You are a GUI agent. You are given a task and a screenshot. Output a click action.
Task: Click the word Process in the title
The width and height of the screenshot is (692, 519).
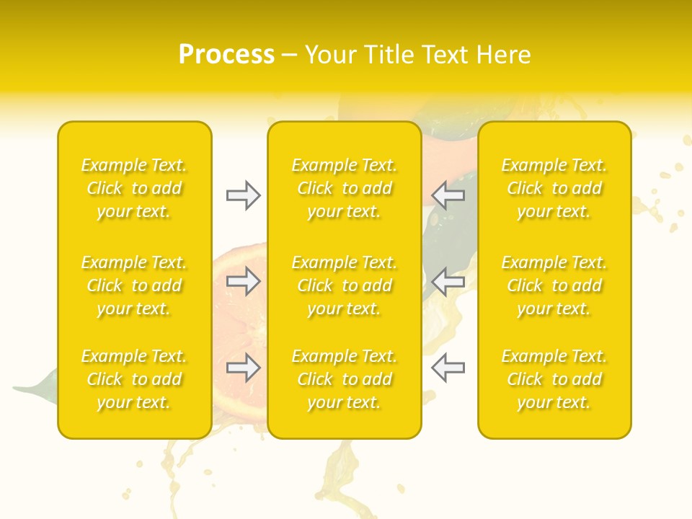click(x=226, y=55)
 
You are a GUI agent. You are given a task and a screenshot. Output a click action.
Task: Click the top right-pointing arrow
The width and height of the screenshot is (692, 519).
click(x=243, y=195)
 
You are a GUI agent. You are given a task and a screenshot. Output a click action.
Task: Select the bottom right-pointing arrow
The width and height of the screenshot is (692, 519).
click(x=243, y=368)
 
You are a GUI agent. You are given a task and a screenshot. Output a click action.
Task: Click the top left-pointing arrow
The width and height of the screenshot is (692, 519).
click(x=448, y=195)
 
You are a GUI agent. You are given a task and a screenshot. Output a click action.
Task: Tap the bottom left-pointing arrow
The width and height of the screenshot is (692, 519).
click(x=448, y=368)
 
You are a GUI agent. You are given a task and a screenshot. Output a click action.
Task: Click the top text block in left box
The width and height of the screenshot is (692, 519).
click(x=134, y=188)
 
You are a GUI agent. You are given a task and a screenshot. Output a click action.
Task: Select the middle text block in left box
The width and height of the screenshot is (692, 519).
click(x=134, y=285)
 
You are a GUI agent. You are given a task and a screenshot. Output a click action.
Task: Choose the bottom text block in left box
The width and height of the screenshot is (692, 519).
click(x=134, y=379)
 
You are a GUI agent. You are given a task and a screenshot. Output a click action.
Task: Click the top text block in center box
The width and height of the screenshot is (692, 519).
click(x=344, y=188)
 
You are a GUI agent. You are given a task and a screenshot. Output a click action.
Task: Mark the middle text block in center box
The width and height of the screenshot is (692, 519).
click(x=344, y=285)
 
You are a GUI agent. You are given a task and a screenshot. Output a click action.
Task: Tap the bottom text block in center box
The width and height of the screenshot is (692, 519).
click(x=344, y=379)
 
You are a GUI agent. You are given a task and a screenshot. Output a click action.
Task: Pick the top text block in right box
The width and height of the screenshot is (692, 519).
click(x=554, y=188)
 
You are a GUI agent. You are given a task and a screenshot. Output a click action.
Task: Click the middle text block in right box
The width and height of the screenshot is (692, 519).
click(x=554, y=285)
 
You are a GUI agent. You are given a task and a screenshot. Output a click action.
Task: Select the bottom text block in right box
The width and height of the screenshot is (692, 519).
click(x=554, y=379)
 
